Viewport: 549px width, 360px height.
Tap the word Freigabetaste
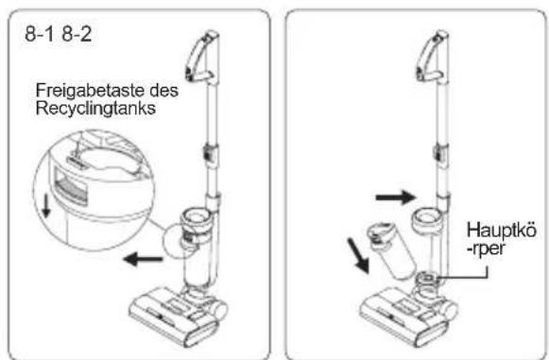click(91, 91)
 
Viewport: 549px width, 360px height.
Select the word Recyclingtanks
click(95, 109)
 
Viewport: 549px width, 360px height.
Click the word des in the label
click(163, 91)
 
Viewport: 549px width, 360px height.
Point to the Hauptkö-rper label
click(501, 239)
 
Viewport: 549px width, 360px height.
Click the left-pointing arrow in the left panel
click(144, 259)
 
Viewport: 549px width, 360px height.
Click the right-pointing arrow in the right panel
click(396, 197)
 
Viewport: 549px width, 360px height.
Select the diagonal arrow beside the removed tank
click(357, 255)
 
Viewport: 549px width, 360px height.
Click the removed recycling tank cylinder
click(392, 251)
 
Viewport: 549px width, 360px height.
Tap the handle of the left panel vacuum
click(201, 56)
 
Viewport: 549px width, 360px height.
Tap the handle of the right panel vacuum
click(432, 56)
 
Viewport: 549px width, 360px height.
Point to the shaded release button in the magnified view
click(71, 185)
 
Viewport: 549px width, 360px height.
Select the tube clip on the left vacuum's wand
click(211, 153)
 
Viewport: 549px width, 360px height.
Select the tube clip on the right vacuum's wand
click(441, 154)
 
